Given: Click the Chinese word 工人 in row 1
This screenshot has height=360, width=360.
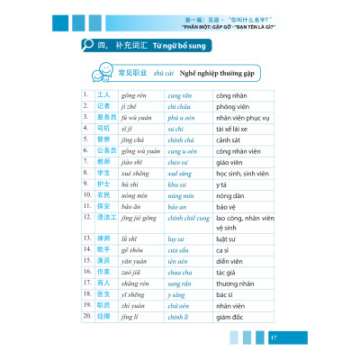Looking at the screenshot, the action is [x=102, y=93].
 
